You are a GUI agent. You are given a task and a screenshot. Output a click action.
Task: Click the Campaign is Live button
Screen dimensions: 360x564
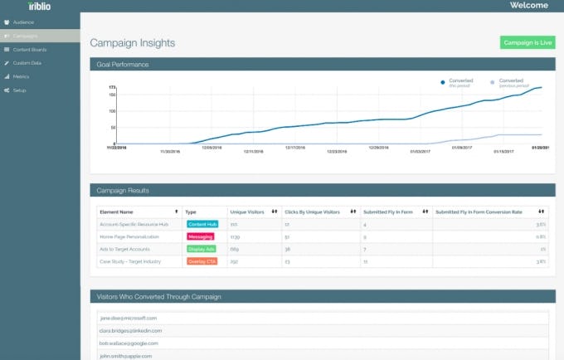(x=527, y=42)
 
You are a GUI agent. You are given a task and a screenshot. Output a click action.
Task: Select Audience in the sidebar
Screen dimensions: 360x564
(x=23, y=22)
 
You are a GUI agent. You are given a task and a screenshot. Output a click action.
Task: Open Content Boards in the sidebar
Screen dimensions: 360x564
(x=29, y=50)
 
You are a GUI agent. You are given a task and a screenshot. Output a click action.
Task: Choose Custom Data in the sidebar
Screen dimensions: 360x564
(x=27, y=63)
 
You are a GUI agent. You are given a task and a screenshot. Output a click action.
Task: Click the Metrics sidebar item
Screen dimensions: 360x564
(x=22, y=76)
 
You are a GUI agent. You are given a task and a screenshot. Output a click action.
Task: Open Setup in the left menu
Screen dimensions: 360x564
(x=20, y=90)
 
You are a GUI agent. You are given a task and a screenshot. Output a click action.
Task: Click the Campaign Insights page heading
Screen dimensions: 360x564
(x=132, y=43)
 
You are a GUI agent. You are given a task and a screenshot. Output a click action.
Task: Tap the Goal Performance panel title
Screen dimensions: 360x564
(x=123, y=64)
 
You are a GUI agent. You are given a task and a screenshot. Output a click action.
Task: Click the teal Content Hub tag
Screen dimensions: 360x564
(x=202, y=224)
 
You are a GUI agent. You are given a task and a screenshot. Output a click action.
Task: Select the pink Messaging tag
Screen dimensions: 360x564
(x=200, y=236)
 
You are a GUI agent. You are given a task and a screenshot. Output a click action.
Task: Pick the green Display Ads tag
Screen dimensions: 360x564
(x=201, y=249)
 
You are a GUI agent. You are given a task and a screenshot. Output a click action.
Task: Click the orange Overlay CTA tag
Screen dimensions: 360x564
(x=202, y=262)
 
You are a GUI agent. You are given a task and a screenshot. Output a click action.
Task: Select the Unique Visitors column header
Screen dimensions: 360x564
(x=247, y=212)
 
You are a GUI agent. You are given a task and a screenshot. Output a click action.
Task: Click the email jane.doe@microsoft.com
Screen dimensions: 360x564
(x=129, y=318)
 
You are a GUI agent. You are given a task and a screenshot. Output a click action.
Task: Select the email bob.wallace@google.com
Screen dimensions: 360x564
(x=129, y=343)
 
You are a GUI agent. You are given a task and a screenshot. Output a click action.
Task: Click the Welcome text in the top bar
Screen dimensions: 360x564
(x=528, y=6)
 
